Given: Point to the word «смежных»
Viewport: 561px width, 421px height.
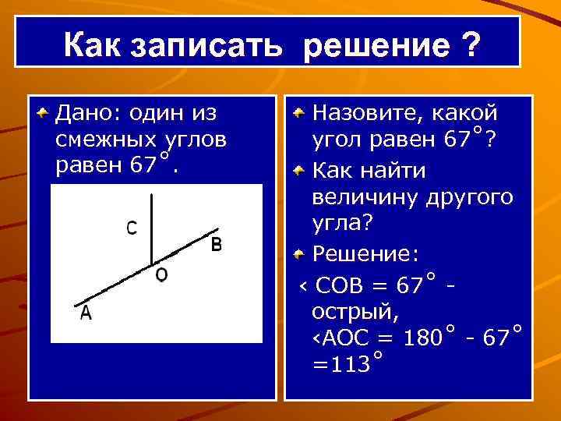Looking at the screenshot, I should [105, 141].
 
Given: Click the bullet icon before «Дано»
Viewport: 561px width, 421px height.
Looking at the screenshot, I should [44, 114].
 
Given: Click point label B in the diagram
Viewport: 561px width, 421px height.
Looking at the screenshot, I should [217, 245].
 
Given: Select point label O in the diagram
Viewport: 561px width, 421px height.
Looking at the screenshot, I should [161, 275].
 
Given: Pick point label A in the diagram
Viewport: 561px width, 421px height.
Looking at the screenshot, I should [85, 313].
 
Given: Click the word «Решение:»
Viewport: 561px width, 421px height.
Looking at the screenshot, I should [365, 254].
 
